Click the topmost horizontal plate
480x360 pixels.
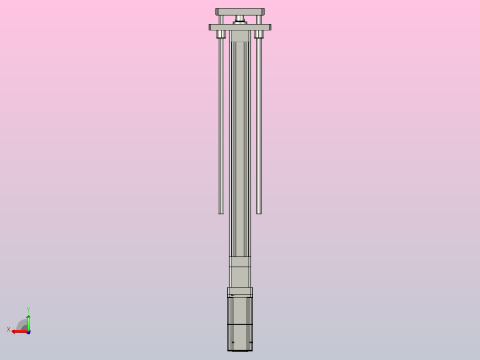pyautogui.click(x=240, y=12)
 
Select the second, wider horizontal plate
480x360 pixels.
pyautogui.click(x=240, y=28)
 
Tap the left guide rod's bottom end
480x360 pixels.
pyautogui.click(x=221, y=211)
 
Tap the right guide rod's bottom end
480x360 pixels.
pyautogui.click(x=259, y=211)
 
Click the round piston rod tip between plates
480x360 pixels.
pyautogui.click(x=240, y=19)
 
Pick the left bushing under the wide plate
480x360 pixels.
pyautogui.click(x=221, y=35)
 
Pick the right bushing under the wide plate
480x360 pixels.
pyautogui.click(x=259, y=35)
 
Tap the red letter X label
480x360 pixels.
pyautogui.click(x=9, y=330)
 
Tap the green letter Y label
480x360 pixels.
pyautogui.click(x=29, y=310)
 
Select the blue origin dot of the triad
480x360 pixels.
pyautogui.click(x=29, y=330)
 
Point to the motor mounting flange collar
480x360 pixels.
pyautogui.click(x=240, y=292)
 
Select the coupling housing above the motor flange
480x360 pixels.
pyautogui.click(x=240, y=272)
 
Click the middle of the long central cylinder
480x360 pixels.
pyautogui.click(x=240, y=148)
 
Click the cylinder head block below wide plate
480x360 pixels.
pyautogui.click(x=240, y=37)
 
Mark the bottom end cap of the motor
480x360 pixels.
pyautogui.click(x=240, y=346)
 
